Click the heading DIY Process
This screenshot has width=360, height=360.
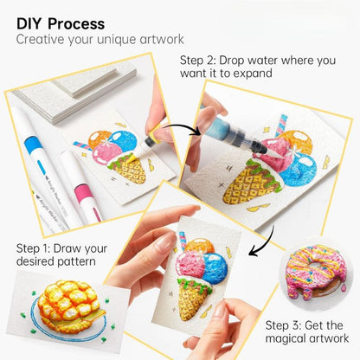point(61,23)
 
